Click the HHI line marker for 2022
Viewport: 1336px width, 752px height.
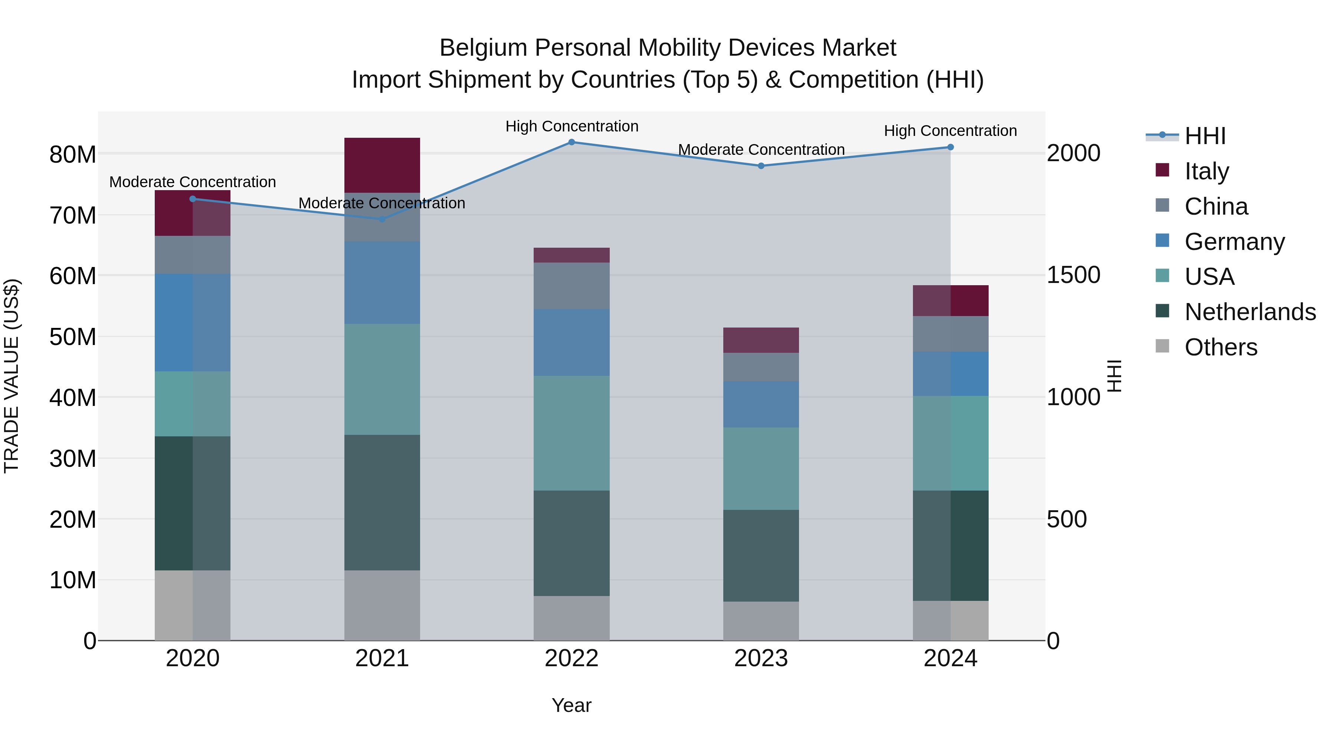point(572,142)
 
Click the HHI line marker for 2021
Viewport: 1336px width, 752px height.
point(382,219)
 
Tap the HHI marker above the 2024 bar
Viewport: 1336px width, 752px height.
point(950,147)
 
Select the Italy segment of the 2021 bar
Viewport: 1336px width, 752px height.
point(382,165)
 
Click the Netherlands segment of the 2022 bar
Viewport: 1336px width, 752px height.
point(572,543)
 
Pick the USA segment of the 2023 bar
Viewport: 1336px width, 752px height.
point(761,468)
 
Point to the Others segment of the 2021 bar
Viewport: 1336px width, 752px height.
point(382,605)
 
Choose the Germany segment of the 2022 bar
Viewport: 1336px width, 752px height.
point(572,342)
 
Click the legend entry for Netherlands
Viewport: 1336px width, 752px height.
point(1250,312)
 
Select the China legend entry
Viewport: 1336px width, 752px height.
point(1216,206)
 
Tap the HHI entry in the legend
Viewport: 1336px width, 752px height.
point(1205,136)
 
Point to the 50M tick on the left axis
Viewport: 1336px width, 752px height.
point(73,337)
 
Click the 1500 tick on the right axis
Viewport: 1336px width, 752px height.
point(1073,275)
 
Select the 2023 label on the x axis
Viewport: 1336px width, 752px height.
point(761,658)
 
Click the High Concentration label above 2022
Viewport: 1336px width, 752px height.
point(572,126)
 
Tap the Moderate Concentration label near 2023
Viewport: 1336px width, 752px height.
point(761,149)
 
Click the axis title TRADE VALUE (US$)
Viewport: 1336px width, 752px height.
point(12,376)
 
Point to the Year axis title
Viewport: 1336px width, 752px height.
point(572,705)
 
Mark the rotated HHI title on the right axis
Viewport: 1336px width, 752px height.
point(1113,376)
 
